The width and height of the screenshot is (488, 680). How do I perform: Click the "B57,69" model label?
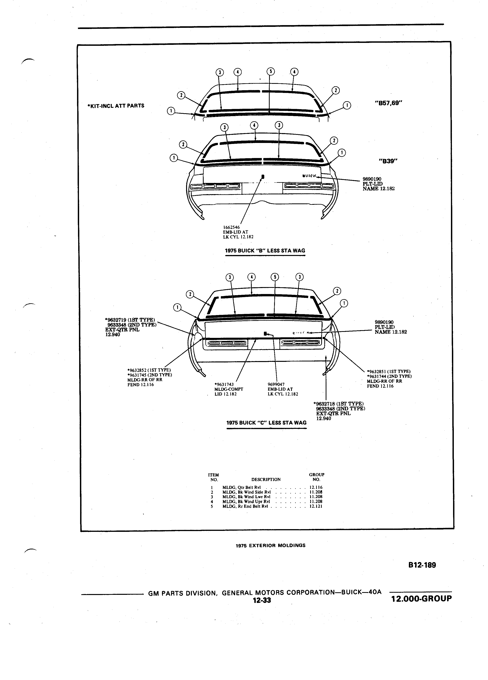coord(388,103)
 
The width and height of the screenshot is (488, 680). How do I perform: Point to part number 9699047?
coord(276,384)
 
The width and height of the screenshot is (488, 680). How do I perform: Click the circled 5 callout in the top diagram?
coord(270,71)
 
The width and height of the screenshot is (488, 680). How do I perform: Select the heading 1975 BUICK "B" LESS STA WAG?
coord(265,251)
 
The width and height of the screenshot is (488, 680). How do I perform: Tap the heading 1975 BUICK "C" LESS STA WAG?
coord(267,423)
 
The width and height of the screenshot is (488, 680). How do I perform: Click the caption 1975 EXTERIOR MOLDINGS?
coord(270,545)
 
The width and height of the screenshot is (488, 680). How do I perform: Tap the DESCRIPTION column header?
coord(266,479)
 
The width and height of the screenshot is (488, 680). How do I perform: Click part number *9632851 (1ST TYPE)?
coord(389,371)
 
